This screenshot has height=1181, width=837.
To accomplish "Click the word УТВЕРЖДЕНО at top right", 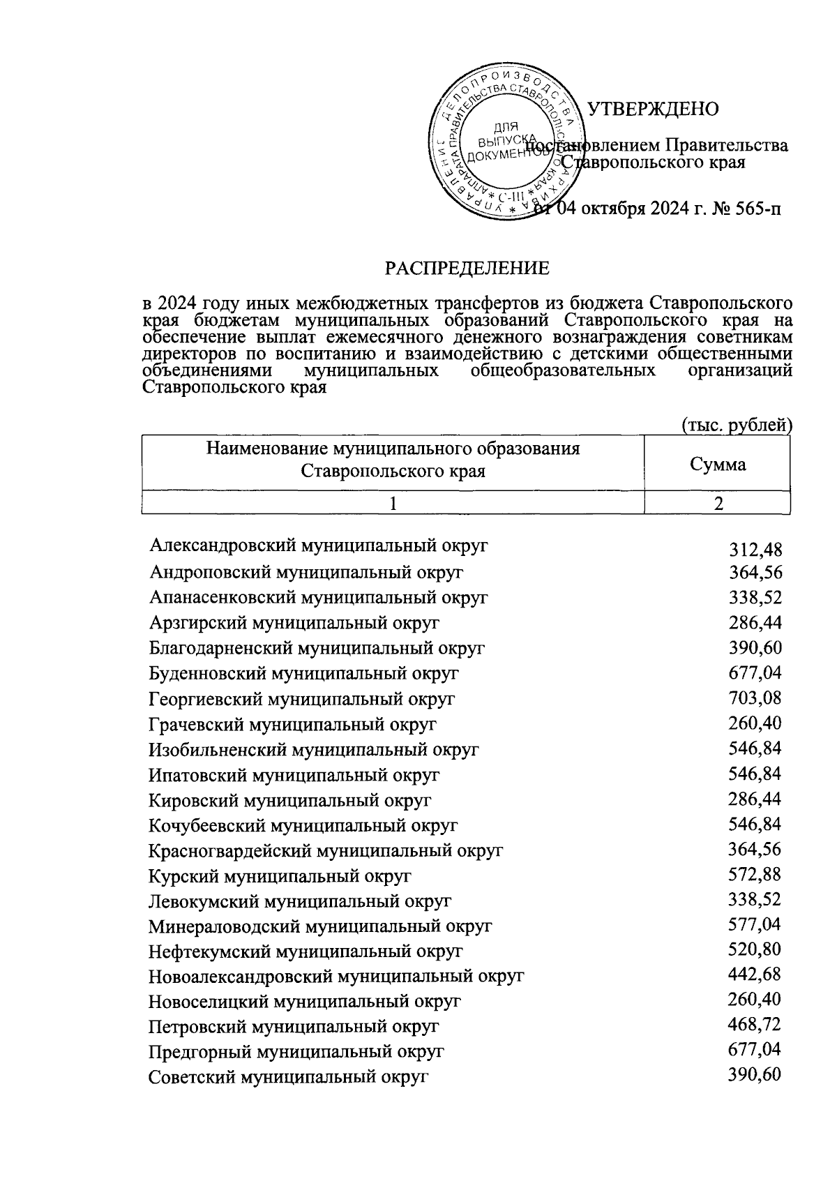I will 653,110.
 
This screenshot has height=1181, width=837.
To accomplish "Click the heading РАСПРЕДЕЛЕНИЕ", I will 468,268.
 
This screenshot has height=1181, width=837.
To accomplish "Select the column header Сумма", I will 717,465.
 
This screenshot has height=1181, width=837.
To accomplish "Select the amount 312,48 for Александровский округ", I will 755,551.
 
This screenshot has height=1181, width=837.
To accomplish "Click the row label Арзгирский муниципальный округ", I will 294,623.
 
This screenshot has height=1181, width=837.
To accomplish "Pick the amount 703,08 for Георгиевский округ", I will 755,698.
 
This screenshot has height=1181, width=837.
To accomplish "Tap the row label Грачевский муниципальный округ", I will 292,724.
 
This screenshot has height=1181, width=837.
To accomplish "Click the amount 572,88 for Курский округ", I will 755,874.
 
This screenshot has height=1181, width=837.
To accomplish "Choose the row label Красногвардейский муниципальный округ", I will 326,851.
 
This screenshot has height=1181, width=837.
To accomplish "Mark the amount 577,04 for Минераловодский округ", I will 755,924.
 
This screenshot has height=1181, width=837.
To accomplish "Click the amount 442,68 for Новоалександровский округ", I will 755,975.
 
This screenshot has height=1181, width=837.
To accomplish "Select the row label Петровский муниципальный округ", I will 294,1027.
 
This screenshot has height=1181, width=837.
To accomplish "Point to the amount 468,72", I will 755,1025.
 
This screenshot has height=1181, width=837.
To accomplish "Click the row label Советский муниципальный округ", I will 287,1077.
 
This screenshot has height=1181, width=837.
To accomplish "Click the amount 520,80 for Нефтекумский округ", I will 755,949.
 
